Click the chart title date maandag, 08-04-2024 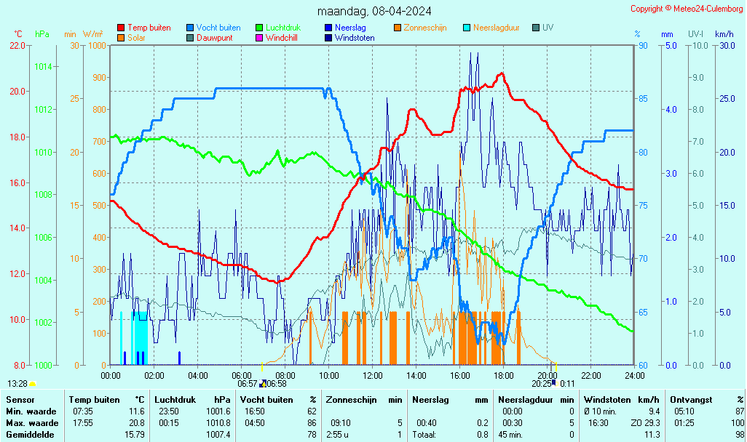point(373,11)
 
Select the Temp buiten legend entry point(149,28)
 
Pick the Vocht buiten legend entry point(218,28)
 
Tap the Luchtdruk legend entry point(282,28)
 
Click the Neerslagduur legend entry point(496,28)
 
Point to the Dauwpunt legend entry point(214,38)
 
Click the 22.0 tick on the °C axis point(17,45)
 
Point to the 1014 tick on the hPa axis point(43,67)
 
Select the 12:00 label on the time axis point(373,375)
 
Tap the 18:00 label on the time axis point(504,375)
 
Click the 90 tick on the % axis point(644,45)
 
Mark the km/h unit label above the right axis point(724,34)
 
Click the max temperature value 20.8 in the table point(136,422)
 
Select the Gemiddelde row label point(30,434)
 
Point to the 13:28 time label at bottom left point(17,383)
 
